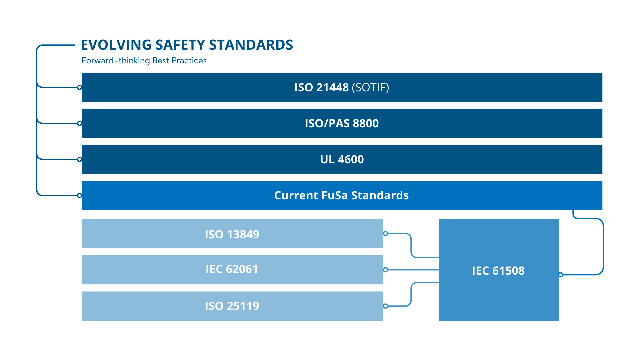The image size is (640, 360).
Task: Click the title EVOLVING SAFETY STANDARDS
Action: click(x=187, y=45)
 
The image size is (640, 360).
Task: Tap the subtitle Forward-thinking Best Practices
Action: click(x=144, y=61)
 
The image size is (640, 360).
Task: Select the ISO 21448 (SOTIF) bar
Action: click(x=342, y=87)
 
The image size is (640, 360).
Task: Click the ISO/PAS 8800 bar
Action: click(x=342, y=123)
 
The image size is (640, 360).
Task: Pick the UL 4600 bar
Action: click(x=342, y=159)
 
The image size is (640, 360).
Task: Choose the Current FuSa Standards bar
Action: click(x=342, y=195)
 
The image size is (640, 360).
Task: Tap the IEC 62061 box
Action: click(x=232, y=270)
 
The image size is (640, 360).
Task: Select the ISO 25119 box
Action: click(x=232, y=306)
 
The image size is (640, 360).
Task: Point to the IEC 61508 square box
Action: click(x=499, y=270)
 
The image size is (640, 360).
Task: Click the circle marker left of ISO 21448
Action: click(x=79, y=87)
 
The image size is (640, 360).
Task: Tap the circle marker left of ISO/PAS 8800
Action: click(x=79, y=123)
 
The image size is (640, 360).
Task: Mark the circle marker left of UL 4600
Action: click(x=79, y=159)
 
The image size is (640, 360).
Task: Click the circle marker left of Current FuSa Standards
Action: click(x=79, y=195)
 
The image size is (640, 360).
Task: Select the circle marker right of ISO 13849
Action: click(x=385, y=233)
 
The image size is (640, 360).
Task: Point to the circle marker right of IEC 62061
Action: click(x=385, y=270)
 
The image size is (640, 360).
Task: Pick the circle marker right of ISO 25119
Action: click(x=385, y=306)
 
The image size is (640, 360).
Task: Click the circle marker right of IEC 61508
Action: click(x=561, y=275)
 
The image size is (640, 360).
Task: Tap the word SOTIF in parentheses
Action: click(x=370, y=87)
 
